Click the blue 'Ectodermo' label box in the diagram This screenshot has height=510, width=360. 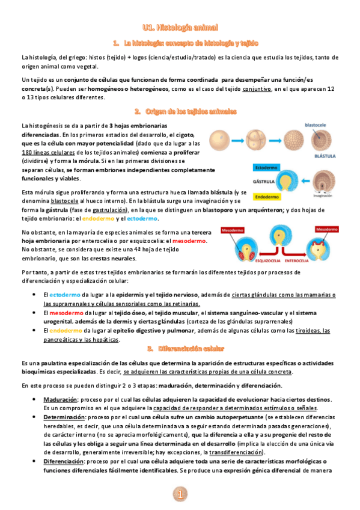264,167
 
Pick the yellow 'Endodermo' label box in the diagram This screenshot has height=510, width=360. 264,196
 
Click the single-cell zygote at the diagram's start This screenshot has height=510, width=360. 219,140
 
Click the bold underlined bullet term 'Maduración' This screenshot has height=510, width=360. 59,399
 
